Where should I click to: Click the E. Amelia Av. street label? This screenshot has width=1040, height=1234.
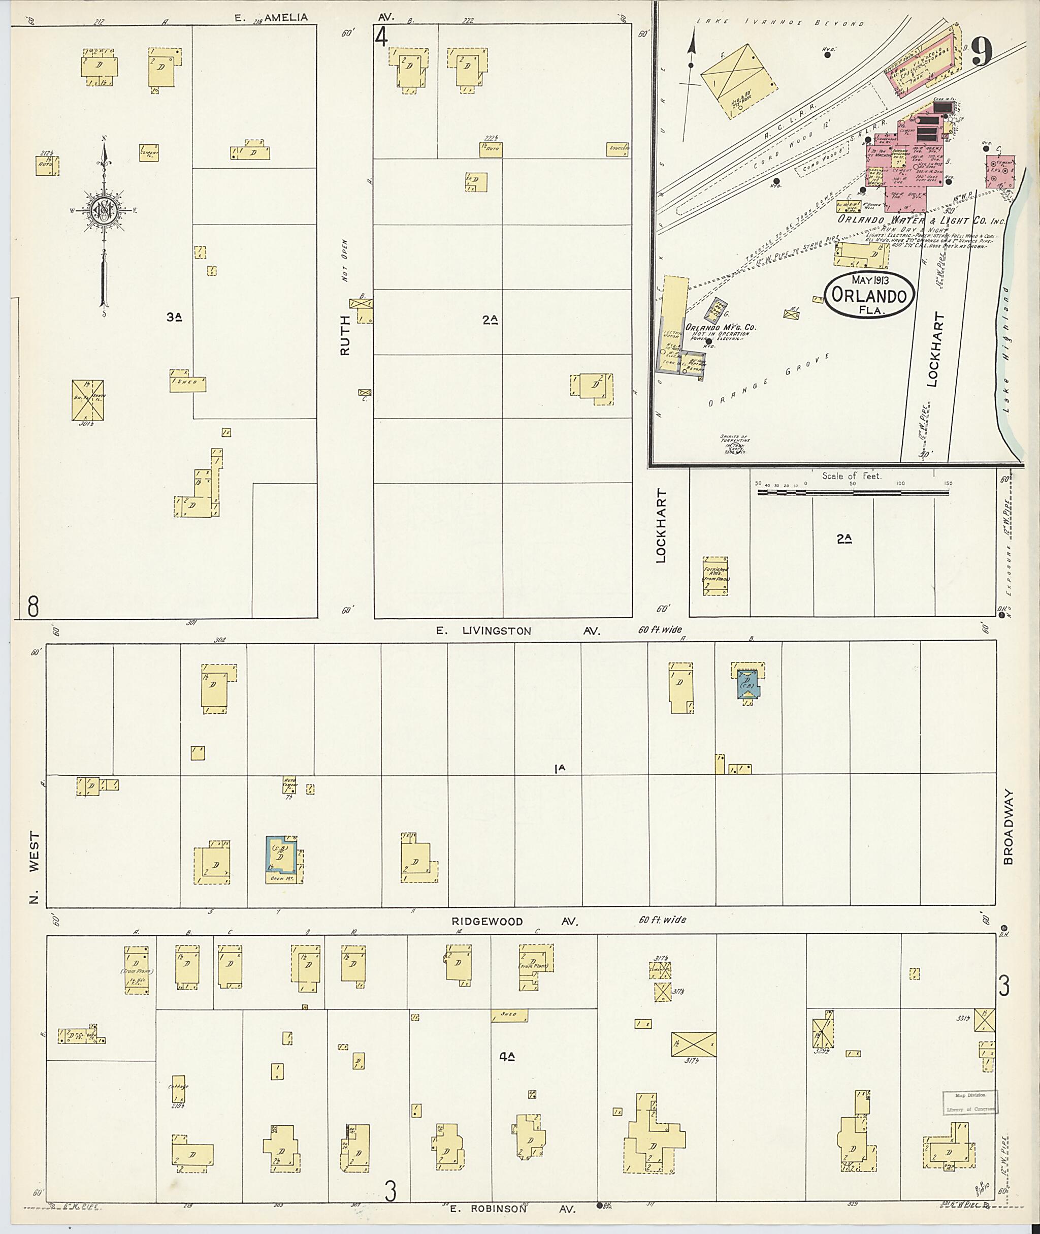point(271,18)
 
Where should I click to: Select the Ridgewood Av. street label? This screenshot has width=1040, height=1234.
point(515,922)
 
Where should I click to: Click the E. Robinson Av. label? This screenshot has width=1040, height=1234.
point(512,1209)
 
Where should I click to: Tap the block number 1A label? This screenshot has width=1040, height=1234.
point(560,768)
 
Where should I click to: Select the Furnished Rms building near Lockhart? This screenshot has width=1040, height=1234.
point(715,576)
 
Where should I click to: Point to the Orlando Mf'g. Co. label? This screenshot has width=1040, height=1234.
point(720,327)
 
